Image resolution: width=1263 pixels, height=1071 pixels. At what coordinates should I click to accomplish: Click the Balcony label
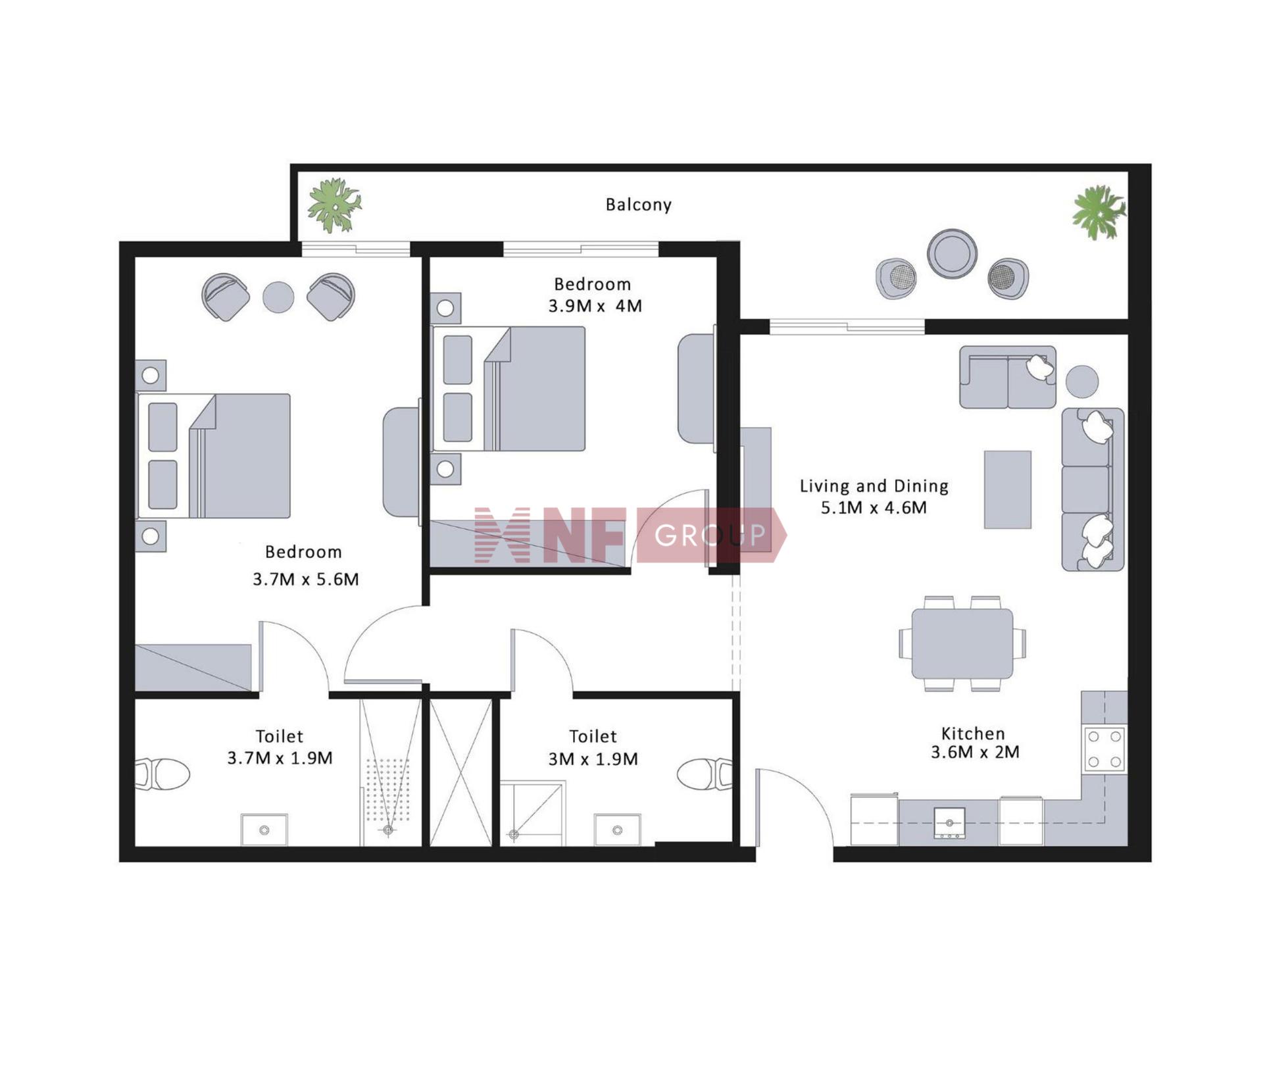click(x=638, y=205)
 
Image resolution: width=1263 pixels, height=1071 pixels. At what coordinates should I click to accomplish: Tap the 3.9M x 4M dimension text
click(x=595, y=306)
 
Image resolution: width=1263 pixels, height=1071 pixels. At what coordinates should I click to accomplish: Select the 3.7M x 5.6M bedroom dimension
click(x=306, y=579)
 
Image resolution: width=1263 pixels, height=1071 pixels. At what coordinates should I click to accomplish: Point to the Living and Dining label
click(x=874, y=486)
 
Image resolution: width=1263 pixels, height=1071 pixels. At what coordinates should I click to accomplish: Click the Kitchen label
click(x=973, y=734)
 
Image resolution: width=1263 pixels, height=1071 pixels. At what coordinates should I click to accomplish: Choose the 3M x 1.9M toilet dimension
click(x=593, y=759)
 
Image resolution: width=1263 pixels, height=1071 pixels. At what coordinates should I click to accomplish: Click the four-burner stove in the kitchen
click(x=1104, y=749)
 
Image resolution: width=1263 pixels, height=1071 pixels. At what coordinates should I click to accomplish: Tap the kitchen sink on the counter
click(x=949, y=823)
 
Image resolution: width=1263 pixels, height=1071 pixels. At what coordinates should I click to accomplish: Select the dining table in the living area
click(x=962, y=643)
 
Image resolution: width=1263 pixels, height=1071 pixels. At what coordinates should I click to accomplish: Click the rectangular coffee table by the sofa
click(x=1007, y=489)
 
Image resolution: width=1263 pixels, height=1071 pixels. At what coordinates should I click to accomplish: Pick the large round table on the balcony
click(x=952, y=253)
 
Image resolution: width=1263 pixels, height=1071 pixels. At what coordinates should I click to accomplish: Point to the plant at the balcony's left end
click(x=335, y=205)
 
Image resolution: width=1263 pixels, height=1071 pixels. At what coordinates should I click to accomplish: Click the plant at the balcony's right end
click(x=1099, y=212)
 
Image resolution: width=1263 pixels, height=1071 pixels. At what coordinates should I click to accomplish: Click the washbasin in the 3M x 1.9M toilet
click(x=617, y=830)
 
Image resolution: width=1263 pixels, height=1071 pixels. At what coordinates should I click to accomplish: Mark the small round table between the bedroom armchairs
click(x=278, y=297)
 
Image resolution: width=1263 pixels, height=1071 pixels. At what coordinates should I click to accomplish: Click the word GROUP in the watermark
click(x=710, y=535)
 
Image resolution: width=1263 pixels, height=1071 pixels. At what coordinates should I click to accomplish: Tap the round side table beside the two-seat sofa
click(x=1081, y=382)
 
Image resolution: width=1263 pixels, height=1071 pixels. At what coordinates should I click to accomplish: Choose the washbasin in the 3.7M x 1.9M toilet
click(x=264, y=830)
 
